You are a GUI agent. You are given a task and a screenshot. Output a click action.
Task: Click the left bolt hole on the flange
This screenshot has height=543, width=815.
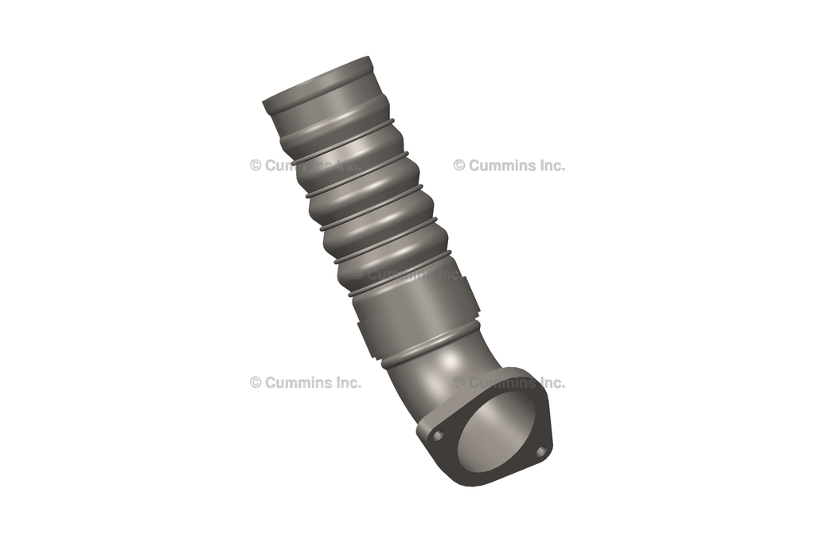[437, 435]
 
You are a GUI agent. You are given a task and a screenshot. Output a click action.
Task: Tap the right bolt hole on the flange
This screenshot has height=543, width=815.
[541, 451]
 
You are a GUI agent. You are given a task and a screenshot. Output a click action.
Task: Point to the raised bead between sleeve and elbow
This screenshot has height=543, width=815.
[430, 350]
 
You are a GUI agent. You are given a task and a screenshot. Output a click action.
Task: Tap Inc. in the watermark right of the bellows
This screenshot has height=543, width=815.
[549, 166]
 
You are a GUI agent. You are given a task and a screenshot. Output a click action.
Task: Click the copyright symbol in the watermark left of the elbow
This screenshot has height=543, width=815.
[255, 382]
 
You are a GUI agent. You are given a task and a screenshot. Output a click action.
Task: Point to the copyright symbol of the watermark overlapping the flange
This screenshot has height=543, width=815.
[459, 382]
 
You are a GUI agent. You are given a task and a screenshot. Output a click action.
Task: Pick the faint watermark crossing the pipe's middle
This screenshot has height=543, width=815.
[406, 273]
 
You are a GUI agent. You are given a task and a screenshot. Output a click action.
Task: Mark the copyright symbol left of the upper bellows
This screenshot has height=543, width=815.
[255, 166]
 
